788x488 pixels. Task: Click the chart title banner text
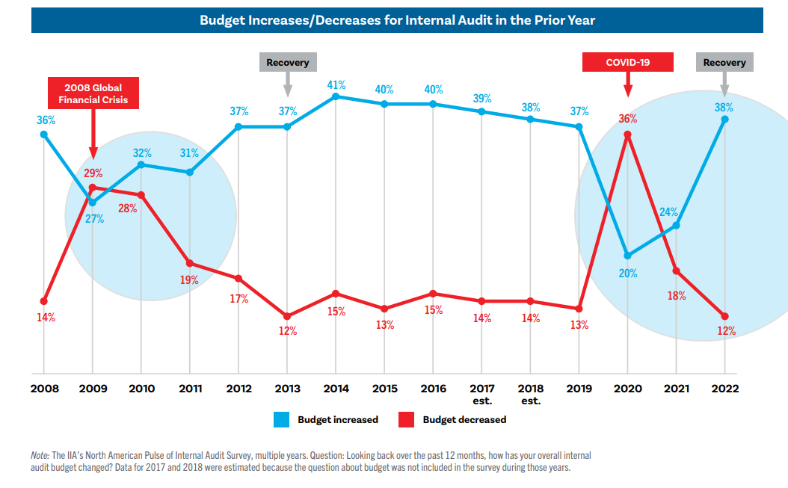pos(397,20)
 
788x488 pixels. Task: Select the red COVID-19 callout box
pos(627,62)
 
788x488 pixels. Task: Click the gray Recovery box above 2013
pos(287,62)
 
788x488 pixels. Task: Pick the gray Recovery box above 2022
pos(724,62)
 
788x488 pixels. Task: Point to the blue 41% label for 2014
pos(336,84)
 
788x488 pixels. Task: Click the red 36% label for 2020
pos(627,118)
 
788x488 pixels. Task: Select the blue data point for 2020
pos(627,256)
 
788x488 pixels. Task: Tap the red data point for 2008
pos(43,301)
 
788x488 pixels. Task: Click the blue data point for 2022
pos(724,119)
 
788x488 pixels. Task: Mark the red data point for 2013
pos(287,316)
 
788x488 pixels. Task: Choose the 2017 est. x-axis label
pos(481,394)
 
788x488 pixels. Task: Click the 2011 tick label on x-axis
pos(190,389)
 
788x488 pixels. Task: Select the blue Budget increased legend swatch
pos(281,420)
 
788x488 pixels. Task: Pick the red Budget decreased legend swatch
pos(407,420)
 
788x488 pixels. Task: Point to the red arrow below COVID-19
pos(627,85)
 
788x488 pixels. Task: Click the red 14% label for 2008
pos(45,318)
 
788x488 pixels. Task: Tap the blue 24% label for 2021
pos(668,211)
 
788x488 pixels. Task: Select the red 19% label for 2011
pos(189,280)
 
